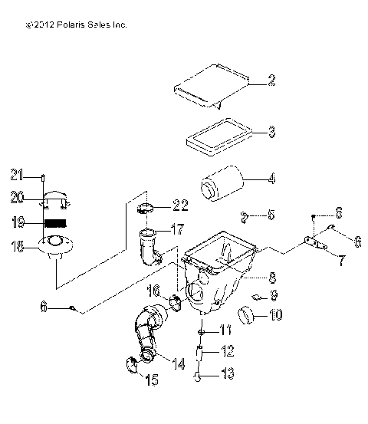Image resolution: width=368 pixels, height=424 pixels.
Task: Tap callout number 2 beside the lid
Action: click(271, 79)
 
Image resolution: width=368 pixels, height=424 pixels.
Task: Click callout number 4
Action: click(271, 182)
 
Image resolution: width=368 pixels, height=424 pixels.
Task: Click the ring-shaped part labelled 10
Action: click(247, 314)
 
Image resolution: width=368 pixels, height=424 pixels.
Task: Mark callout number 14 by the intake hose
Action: click(179, 363)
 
